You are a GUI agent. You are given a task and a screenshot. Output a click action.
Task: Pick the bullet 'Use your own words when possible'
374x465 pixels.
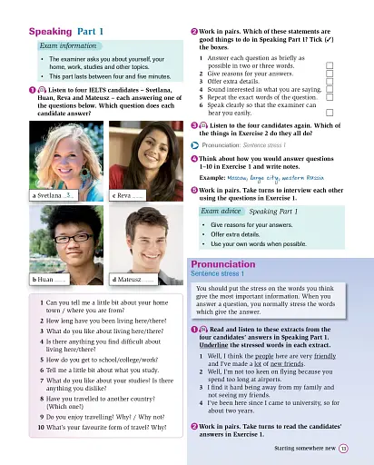258,244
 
